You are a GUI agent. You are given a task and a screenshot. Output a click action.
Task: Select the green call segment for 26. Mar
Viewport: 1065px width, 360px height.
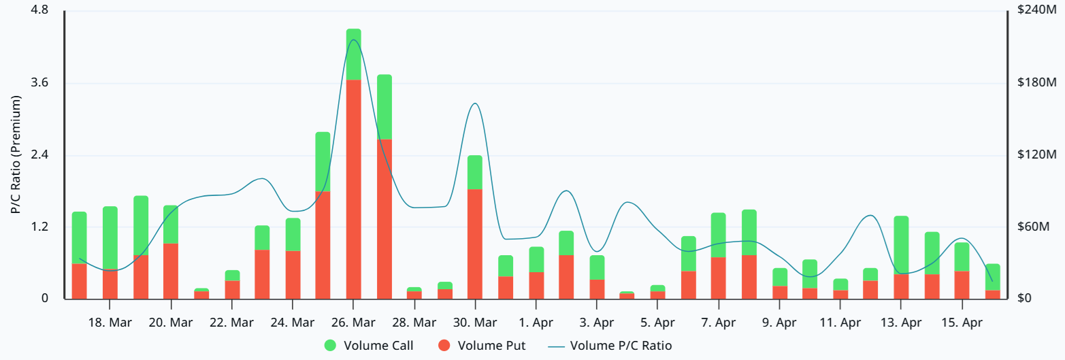tap(353, 54)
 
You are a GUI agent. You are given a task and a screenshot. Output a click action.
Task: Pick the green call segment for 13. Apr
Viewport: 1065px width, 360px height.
tap(901, 245)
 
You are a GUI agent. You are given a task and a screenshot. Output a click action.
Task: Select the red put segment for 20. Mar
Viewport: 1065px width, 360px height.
tap(171, 271)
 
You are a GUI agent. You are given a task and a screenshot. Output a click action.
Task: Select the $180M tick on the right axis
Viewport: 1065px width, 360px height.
tap(1034, 83)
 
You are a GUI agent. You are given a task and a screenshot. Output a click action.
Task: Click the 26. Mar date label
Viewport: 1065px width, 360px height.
tap(353, 322)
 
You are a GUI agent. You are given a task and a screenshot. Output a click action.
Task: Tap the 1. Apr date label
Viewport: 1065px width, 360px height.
tap(536, 322)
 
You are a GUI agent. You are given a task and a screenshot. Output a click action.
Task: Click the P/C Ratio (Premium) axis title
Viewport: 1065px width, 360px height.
tap(16, 154)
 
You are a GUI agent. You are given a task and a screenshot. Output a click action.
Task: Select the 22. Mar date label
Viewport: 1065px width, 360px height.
tap(232, 322)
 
